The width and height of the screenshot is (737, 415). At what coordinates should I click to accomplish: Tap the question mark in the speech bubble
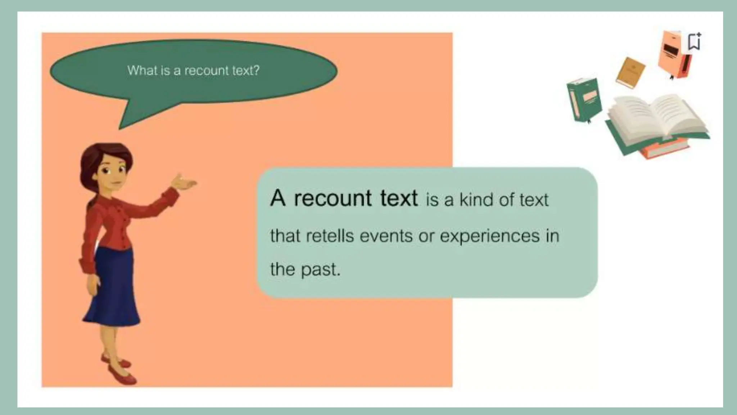pos(256,70)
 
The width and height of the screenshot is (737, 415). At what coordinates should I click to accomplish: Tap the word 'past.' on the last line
pos(321,270)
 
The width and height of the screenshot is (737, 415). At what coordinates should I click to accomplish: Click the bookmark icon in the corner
pos(695,42)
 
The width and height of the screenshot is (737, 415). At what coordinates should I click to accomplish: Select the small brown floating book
pos(630,72)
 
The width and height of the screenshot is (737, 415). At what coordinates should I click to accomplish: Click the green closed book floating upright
pos(584,99)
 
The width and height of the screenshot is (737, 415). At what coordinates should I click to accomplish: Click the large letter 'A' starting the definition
pos(278,198)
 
